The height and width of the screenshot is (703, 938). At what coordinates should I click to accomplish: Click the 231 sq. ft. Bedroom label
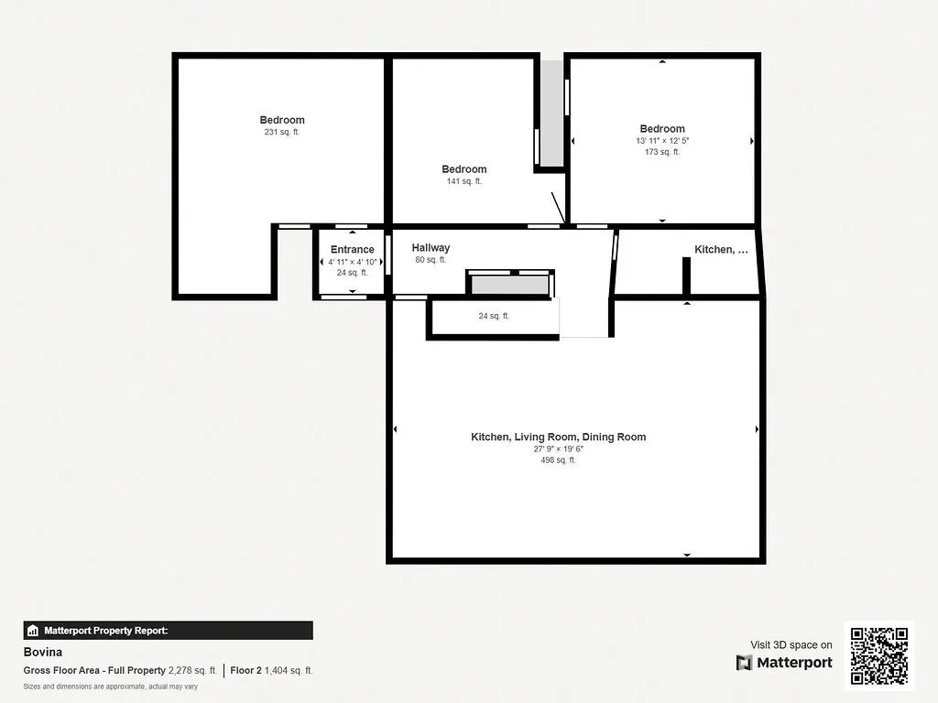tap(281, 120)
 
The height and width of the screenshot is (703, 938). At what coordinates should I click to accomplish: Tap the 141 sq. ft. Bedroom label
tap(464, 169)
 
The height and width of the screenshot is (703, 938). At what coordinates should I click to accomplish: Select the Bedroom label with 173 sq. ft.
tap(661, 129)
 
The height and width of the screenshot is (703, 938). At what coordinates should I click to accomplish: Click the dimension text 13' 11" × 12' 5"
tap(661, 141)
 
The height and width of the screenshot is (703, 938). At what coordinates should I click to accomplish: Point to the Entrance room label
tap(352, 249)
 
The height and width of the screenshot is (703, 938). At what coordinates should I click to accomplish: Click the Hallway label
tap(431, 248)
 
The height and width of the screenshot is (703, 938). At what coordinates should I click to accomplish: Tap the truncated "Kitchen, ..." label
tap(721, 249)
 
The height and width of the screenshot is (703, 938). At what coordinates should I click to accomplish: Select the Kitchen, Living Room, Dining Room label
tap(558, 437)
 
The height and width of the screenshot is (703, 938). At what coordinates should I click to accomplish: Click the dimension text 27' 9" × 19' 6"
tap(558, 449)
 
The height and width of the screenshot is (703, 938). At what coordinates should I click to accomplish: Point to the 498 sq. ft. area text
tap(558, 460)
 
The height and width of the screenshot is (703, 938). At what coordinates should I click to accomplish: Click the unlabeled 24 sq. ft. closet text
tap(494, 316)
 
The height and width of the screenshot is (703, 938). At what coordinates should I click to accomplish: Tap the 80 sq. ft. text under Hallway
tap(431, 260)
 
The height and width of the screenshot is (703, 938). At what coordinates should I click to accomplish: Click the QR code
tap(878, 655)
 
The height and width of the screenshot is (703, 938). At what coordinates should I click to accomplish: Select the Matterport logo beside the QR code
tap(784, 662)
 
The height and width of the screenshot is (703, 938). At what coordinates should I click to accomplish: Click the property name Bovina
tap(42, 653)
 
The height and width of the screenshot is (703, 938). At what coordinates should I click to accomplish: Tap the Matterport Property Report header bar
tap(168, 631)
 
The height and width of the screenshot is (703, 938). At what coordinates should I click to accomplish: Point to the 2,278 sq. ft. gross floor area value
tap(192, 670)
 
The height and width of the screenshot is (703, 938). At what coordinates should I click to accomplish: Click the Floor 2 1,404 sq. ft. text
tap(271, 670)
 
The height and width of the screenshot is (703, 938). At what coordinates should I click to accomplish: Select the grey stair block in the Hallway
tap(509, 285)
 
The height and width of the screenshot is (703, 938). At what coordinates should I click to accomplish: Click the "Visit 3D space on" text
tap(791, 644)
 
